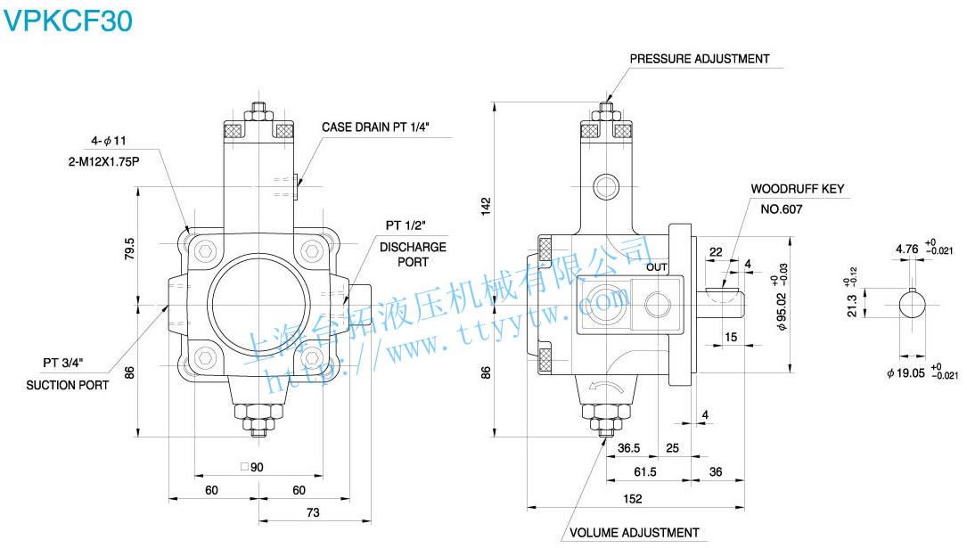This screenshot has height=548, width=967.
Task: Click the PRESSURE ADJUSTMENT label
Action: pyautogui.click(x=700, y=59)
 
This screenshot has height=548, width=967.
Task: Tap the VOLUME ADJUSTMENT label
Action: pyautogui.click(x=634, y=533)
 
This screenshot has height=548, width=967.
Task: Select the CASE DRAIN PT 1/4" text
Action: pyautogui.click(x=375, y=127)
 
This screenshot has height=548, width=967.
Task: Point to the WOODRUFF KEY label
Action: pyautogui.click(x=797, y=189)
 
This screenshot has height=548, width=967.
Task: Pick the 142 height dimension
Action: pyautogui.click(x=486, y=205)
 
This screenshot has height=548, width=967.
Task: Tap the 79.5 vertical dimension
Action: pyautogui.click(x=130, y=248)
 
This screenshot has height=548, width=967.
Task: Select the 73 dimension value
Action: pyautogui.click(x=313, y=513)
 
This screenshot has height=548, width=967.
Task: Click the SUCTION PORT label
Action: pyautogui.click(x=68, y=385)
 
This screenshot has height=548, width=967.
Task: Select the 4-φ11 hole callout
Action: pyautogui.click(x=110, y=141)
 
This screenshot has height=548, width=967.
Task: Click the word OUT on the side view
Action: pyautogui.click(x=657, y=266)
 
